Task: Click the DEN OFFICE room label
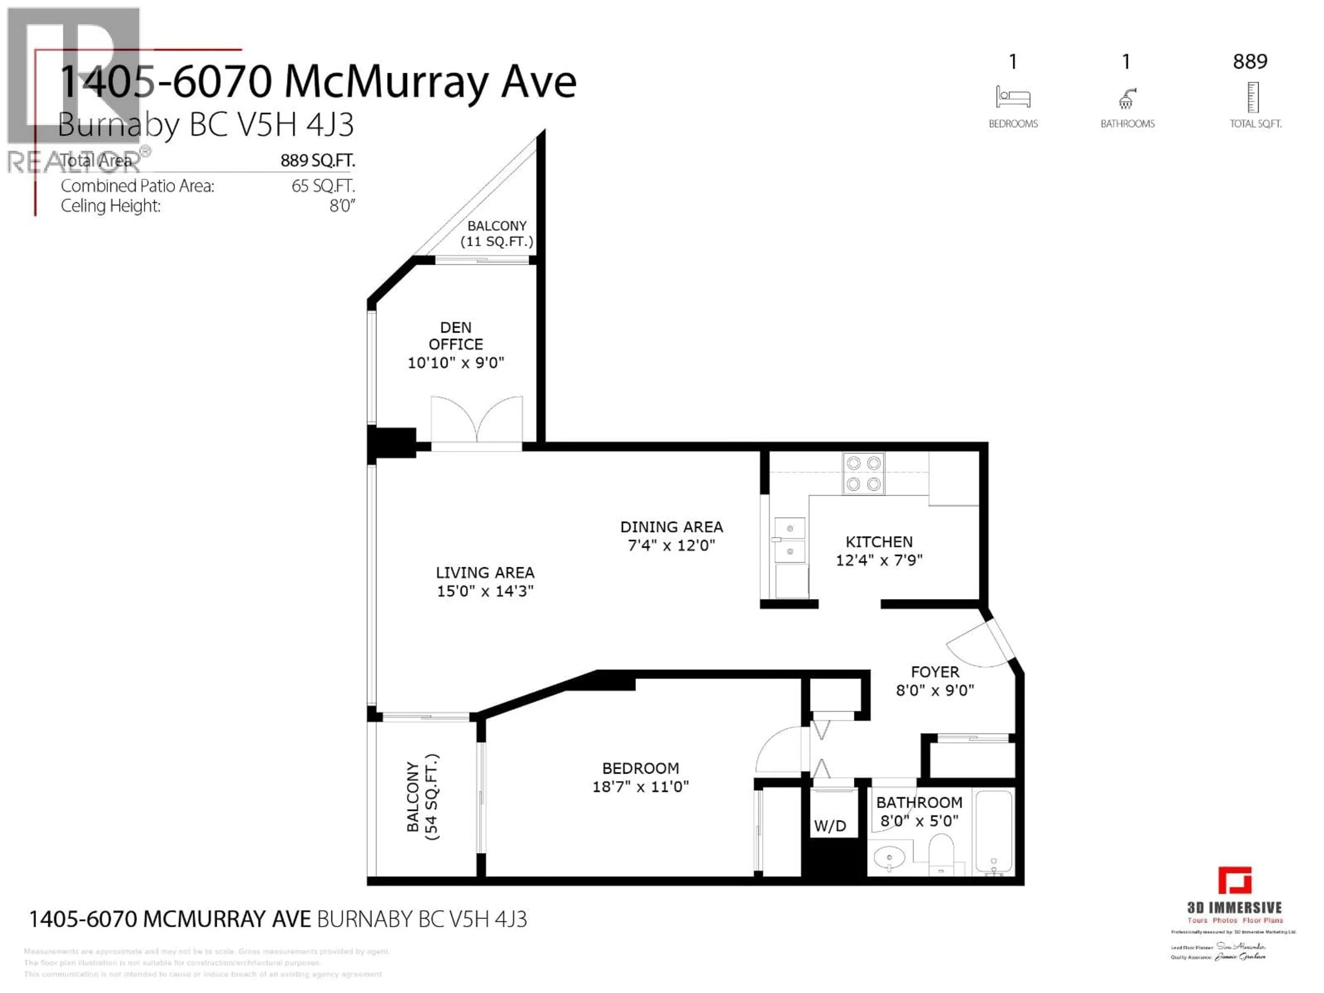point(455,336)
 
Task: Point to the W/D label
point(830,826)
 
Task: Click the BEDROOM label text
point(641,768)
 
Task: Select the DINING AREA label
point(672,527)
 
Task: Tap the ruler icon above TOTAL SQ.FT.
point(1253,98)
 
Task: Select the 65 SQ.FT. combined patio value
point(323,186)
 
